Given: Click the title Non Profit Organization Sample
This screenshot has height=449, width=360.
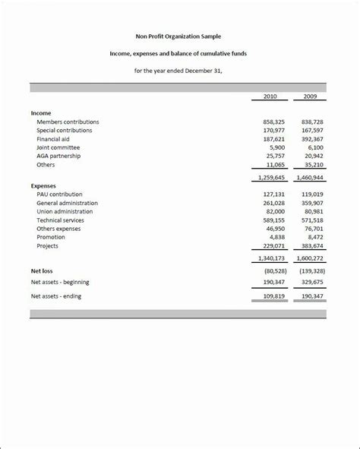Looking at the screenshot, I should pos(179,36).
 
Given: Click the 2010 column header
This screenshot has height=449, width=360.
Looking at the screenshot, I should pos(270,96).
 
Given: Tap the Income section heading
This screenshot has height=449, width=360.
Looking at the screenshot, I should pos(41,112).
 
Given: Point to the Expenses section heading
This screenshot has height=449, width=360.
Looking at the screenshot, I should pos(43,185).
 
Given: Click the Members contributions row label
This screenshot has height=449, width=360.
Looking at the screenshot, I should pos(68,122).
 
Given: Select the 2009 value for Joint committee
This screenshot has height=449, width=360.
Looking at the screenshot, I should pos(314,147).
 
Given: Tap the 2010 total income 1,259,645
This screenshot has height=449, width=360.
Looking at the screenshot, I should pos(269,177).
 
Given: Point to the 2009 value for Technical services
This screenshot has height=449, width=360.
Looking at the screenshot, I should pos(311,220).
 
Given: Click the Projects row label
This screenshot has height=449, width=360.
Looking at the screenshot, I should pos(47,245).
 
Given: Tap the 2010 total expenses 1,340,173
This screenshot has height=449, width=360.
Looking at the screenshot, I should pos(269,259).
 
